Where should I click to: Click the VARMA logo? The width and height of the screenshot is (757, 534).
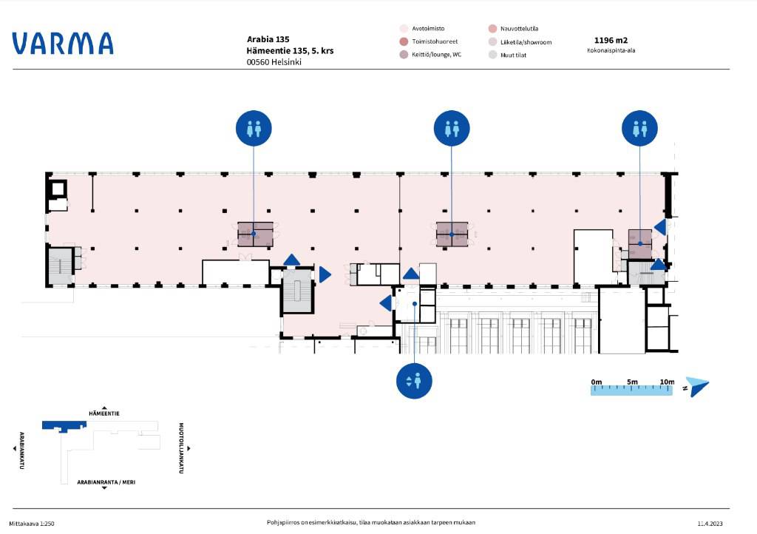(x=63, y=44)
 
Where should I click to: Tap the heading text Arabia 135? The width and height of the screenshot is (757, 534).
(x=268, y=40)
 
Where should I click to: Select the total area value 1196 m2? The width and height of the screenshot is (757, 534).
(x=611, y=41)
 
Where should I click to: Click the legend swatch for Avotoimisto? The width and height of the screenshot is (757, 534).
(x=404, y=29)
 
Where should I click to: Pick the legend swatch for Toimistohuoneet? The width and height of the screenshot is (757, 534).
(x=404, y=42)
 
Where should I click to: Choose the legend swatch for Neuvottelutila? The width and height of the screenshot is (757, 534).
(x=492, y=29)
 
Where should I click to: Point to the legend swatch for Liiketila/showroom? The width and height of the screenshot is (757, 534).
(x=492, y=42)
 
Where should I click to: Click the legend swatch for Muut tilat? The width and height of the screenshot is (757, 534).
(x=492, y=55)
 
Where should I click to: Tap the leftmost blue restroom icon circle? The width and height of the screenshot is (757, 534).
(x=254, y=129)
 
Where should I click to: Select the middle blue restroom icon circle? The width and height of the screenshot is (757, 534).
(x=452, y=129)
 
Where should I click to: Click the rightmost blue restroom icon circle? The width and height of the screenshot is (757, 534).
(x=639, y=129)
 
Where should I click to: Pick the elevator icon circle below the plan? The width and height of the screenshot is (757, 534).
(x=414, y=381)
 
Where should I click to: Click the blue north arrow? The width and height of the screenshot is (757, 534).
(x=698, y=386)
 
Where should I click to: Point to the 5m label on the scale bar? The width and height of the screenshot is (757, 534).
(x=632, y=382)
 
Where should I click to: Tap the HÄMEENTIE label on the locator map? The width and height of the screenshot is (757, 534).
(x=104, y=413)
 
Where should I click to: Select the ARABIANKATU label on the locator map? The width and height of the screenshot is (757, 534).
(x=21, y=450)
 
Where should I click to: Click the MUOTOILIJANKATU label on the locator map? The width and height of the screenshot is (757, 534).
(x=181, y=448)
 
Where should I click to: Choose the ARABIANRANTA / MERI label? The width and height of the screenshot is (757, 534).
(x=106, y=481)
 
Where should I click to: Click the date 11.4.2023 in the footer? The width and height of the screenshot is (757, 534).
(x=710, y=524)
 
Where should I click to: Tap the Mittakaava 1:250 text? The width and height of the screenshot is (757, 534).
(x=32, y=524)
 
